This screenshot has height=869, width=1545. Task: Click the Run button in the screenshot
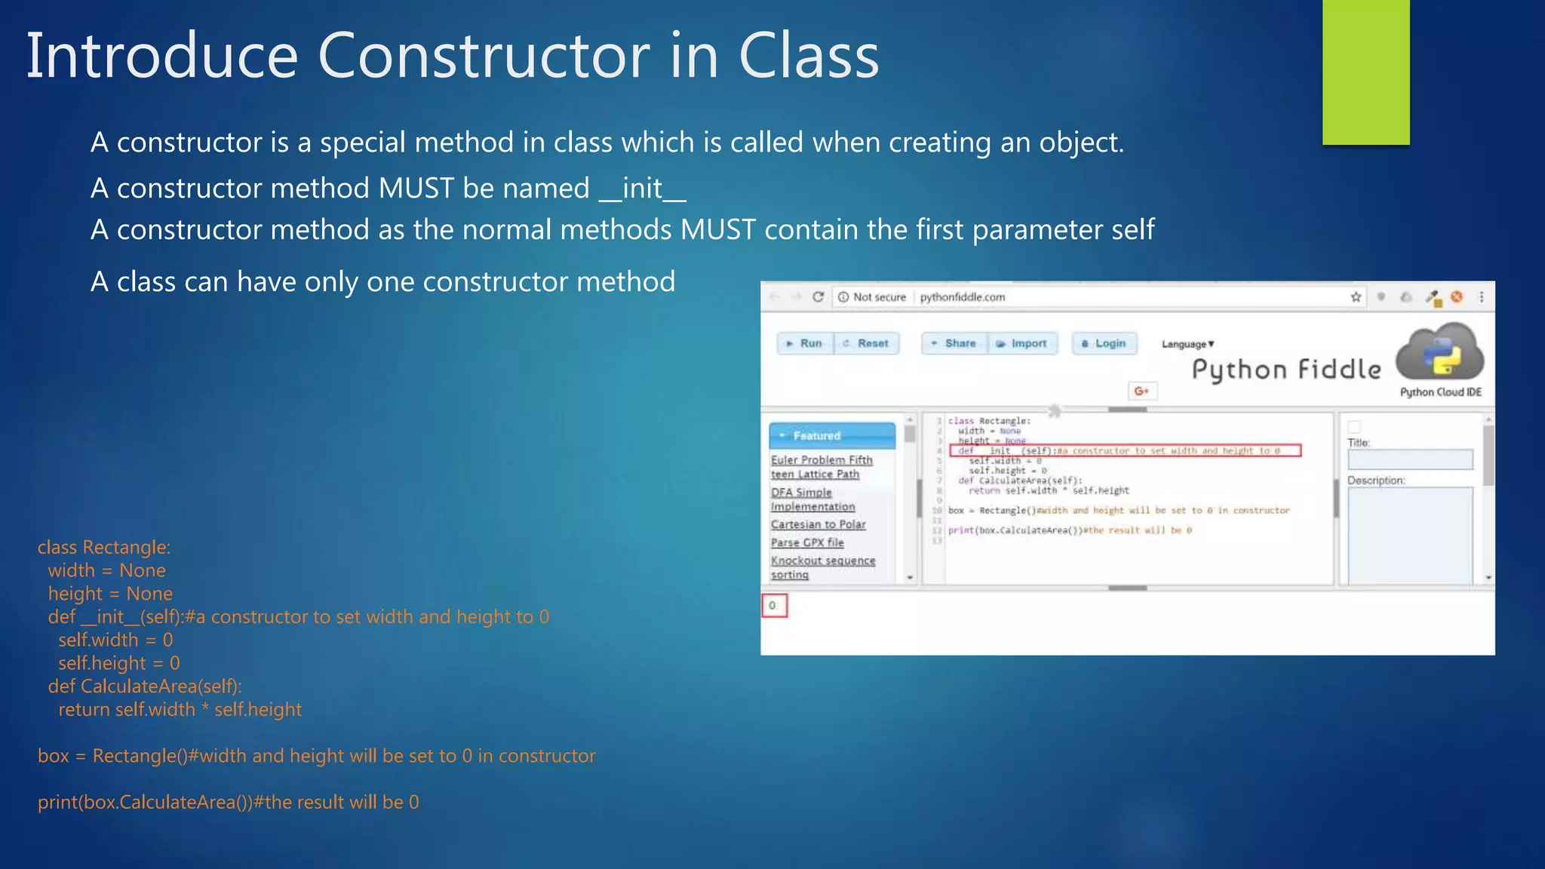[805, 343]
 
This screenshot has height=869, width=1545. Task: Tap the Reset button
[867, 343]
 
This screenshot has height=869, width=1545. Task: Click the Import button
[1022, 343]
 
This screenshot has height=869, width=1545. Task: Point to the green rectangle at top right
[1365, 72]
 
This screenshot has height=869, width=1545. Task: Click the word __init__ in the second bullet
[642, 188]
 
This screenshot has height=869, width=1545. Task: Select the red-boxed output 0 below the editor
[774, 605]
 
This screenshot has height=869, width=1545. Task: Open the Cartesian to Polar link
[818, 524]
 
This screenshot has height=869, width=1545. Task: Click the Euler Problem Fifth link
[822, 459]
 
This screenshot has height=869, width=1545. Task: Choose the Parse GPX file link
[807, 542]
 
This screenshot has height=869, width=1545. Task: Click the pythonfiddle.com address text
[962, 297]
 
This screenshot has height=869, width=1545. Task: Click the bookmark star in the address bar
[1356, 297]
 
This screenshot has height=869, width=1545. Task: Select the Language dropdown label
[1187, 344]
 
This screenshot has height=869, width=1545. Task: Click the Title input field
[1409, 459]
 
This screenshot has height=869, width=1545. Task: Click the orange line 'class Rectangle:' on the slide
[104, 548]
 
